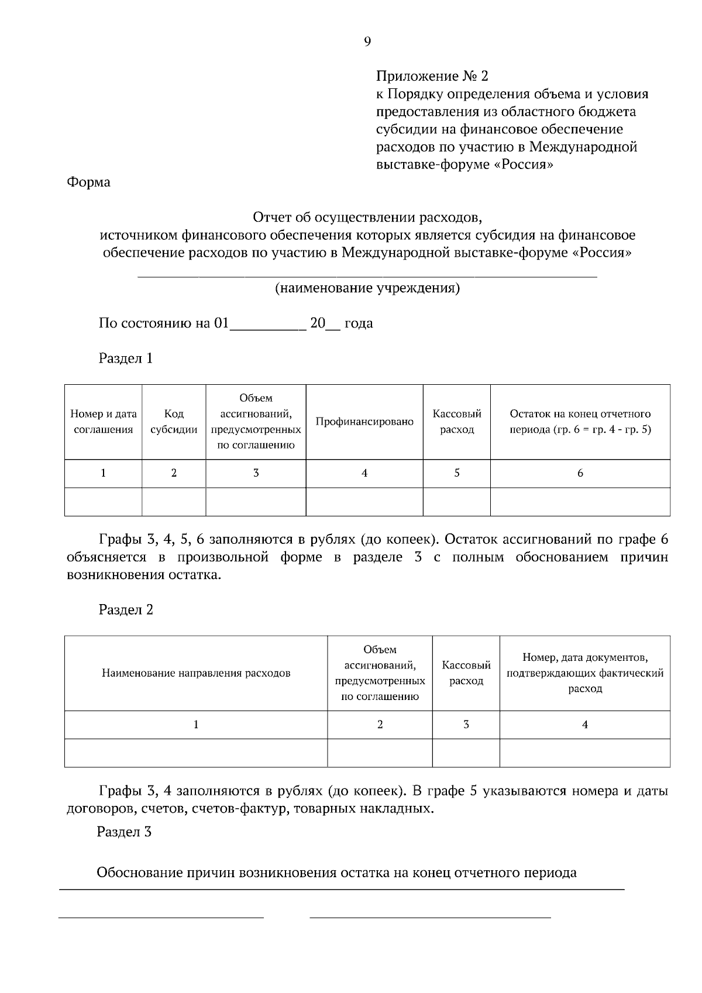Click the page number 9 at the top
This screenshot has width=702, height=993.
(367, 42)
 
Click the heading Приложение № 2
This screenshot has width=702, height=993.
(432, 76)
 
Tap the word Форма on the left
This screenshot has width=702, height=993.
(88, 182)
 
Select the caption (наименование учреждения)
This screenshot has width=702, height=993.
(367, 288)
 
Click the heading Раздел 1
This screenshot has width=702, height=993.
(126, 358)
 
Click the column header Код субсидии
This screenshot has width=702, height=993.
(174, 422)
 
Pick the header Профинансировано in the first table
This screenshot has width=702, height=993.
(364, 422)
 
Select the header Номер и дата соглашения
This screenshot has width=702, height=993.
(104, 422)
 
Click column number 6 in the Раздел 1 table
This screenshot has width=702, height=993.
(580, 473)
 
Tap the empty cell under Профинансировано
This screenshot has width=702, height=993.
(364, 502)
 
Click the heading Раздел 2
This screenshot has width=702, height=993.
(126, 610)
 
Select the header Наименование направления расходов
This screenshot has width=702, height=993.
(196, 673)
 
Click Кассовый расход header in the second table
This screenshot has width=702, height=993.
(466, 673)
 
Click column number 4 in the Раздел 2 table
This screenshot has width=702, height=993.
(585, 725)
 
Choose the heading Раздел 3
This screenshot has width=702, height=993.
(124, 832)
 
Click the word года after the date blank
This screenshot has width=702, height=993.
(358, 323)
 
